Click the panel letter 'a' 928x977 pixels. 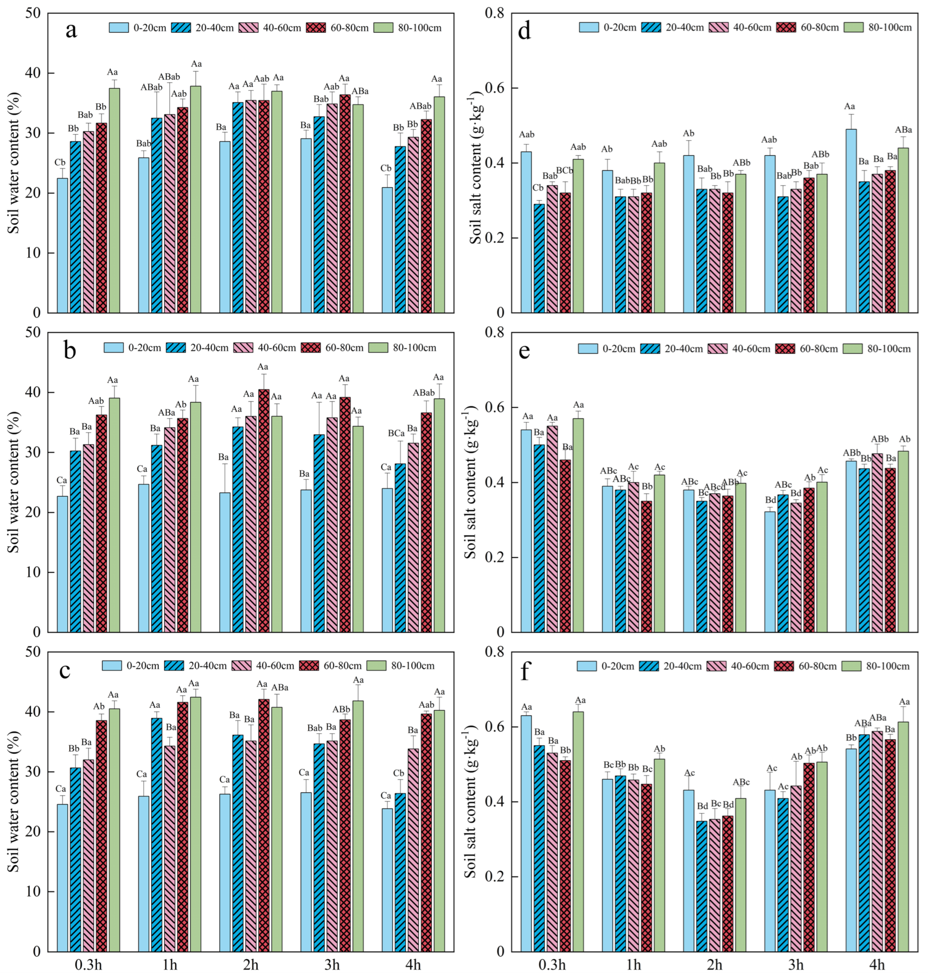[x=71, y=31]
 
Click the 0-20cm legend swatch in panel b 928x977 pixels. [x=113, y=348]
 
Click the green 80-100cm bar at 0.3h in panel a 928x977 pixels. [x=114, y=200]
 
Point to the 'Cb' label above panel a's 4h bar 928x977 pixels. [x=387, y=168]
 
